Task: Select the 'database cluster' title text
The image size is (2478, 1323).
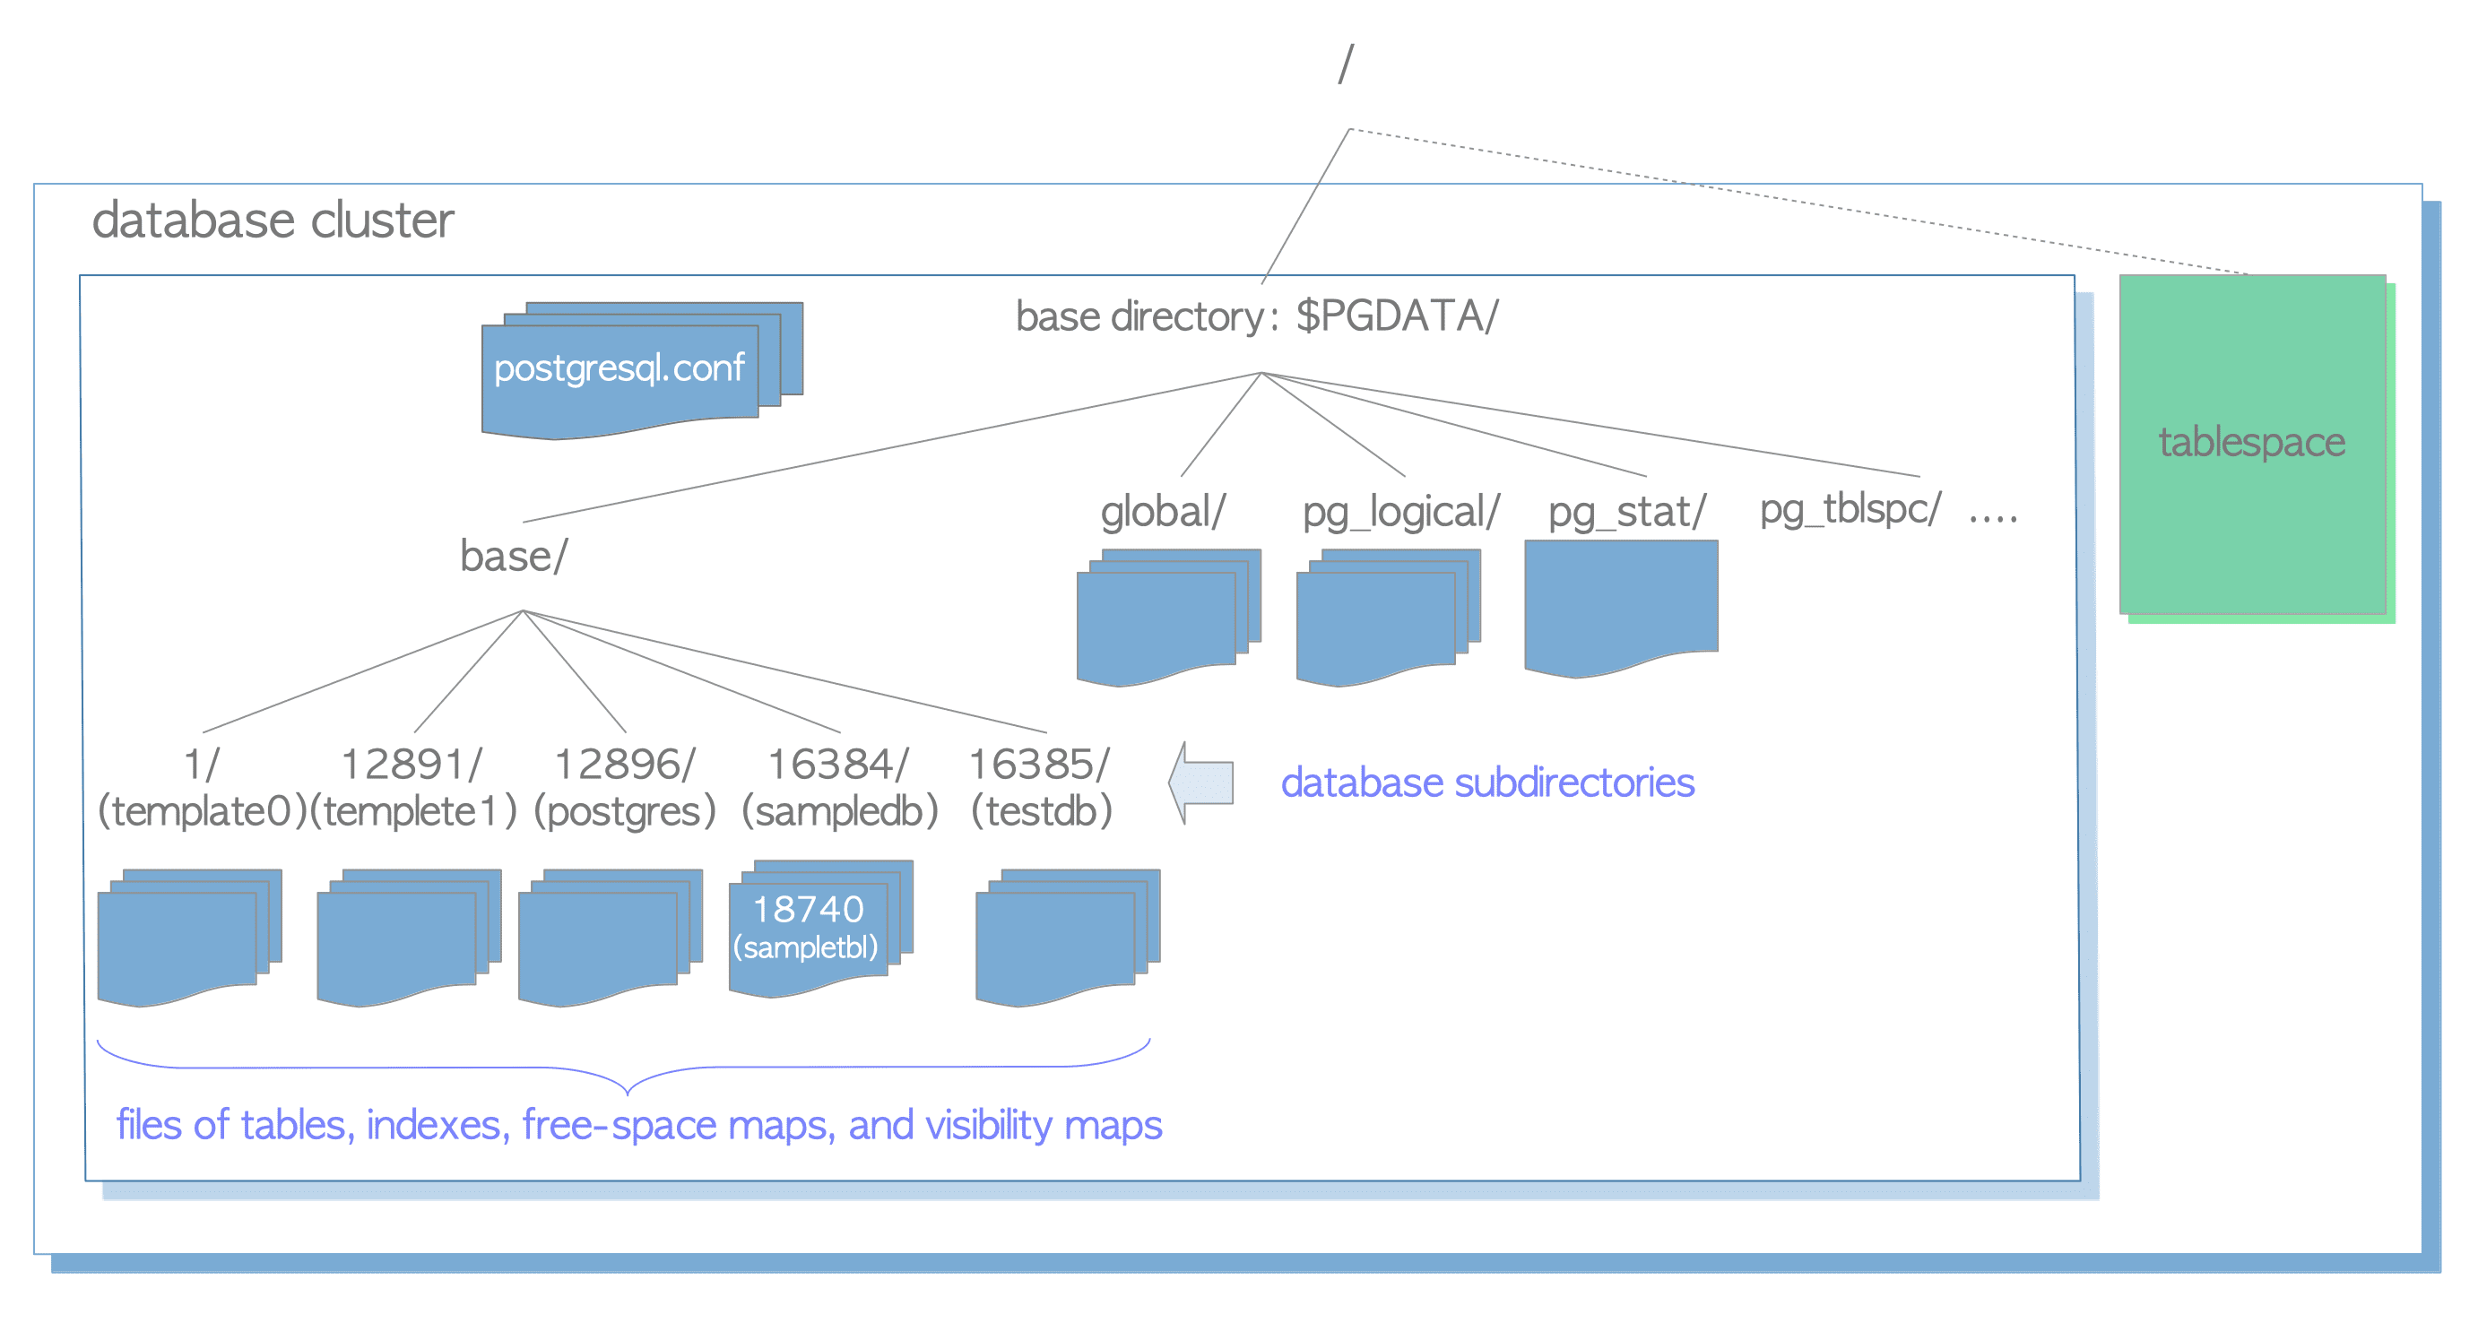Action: [273, 221]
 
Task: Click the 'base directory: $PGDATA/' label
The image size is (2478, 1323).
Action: [1256, 316]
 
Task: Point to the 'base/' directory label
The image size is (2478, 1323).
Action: [514, 557]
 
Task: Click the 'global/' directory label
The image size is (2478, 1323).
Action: [1162, 512]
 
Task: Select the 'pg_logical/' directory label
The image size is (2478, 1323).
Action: [1399, 512]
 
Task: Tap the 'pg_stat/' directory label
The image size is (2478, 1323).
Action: [1625, 512]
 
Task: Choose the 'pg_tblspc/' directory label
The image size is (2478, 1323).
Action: [1849, 508]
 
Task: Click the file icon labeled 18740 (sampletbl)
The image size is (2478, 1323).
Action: [808, 928]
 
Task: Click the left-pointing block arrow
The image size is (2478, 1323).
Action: [1201, 782]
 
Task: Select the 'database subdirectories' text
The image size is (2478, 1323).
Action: [1486, 783]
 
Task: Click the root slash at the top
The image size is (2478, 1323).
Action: [1346, 64]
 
